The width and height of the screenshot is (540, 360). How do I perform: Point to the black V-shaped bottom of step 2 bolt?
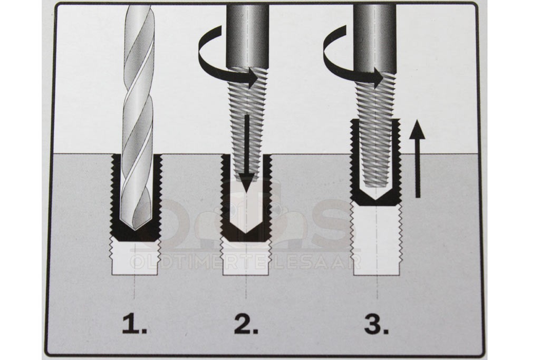pos(246,233)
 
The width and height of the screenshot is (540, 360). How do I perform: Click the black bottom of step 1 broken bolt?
pos(134,233)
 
